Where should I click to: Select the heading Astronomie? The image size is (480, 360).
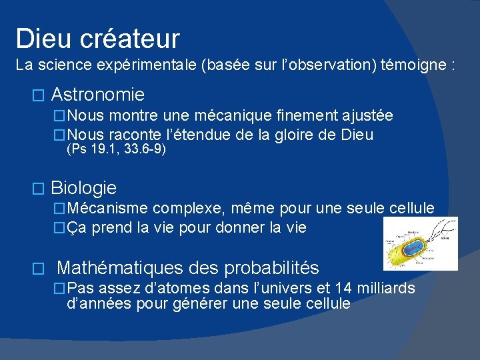point(97,95)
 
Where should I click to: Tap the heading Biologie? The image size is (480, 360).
point(83,188)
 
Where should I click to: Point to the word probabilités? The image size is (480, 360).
point(271,268)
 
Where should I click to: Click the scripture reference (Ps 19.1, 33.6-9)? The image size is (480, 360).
point(117,150)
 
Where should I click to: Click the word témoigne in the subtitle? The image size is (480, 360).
point(414,66)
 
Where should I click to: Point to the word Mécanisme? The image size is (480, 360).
point(108,209)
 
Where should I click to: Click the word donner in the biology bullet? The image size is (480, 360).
point(223,227)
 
